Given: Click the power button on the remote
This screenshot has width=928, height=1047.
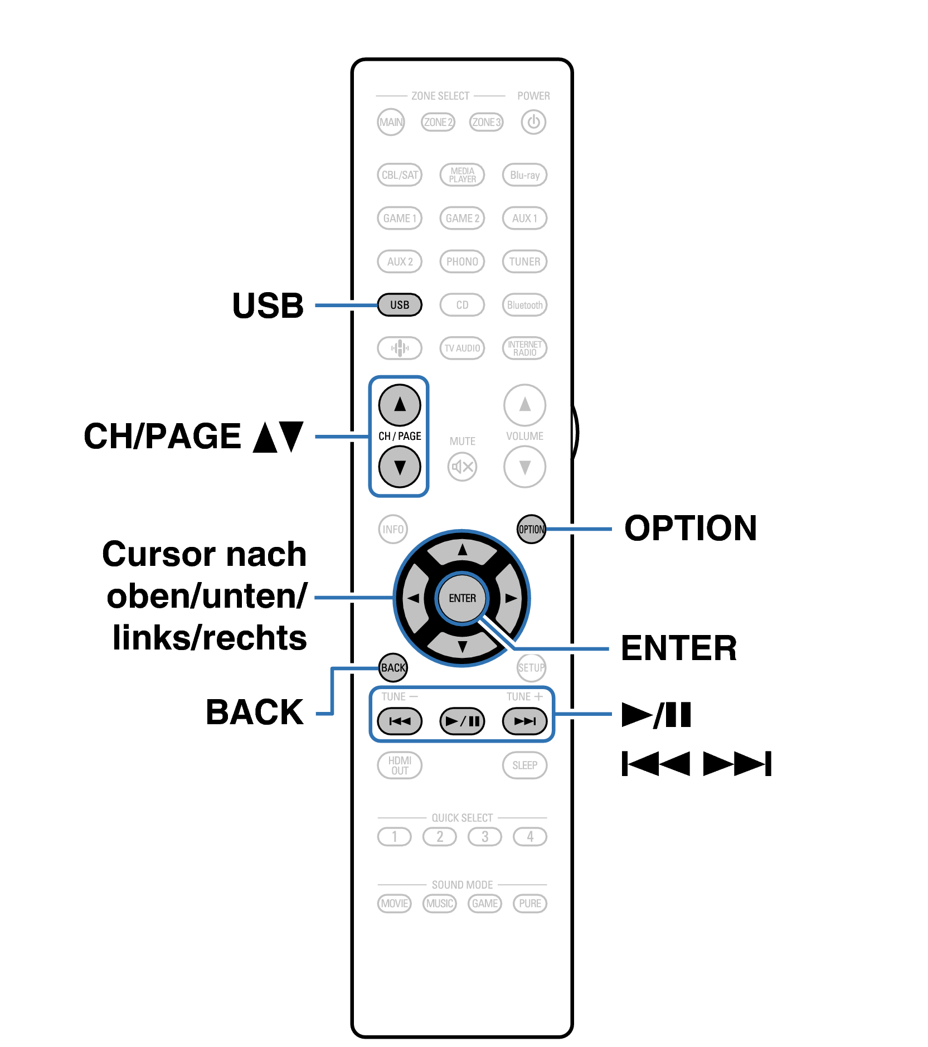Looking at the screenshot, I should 533,122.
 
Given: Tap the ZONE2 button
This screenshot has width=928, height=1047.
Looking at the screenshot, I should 438,122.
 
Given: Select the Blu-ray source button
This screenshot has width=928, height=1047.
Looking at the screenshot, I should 524,174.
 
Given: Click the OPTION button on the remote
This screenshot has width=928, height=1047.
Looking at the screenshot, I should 531,529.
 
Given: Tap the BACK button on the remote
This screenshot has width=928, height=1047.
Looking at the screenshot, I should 393,667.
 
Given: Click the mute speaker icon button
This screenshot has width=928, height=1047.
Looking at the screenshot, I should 462,467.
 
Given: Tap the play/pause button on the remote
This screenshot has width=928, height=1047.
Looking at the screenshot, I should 462,721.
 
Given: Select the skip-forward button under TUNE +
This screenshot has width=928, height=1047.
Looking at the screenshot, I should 524,721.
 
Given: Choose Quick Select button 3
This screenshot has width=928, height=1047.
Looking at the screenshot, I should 484,836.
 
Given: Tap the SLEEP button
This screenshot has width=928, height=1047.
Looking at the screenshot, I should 524,765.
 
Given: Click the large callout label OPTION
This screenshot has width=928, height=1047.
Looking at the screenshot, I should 690,528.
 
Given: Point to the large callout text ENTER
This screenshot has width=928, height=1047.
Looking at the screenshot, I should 678,648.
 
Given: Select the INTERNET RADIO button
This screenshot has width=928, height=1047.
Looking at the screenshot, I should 524,348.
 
